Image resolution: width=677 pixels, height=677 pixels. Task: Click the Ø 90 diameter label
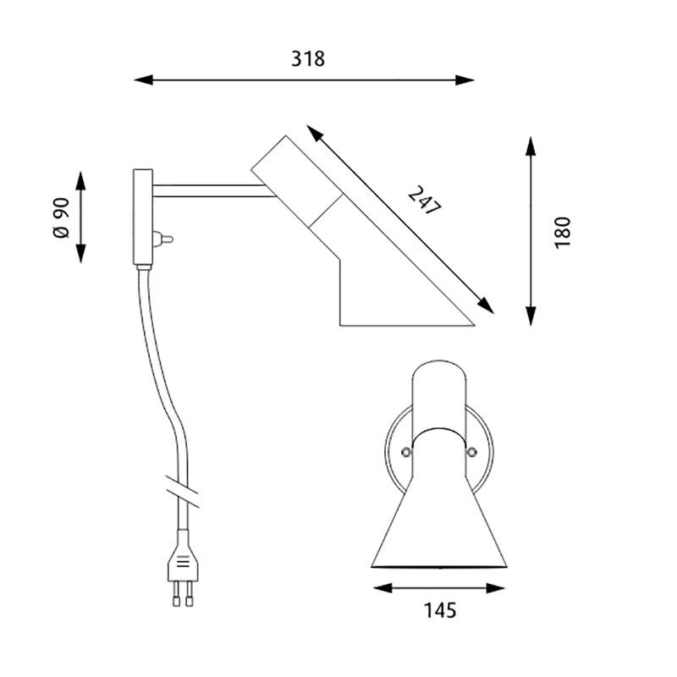[x=61, y=219]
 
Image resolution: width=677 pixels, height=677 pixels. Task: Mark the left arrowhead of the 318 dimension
[x=142, y=81]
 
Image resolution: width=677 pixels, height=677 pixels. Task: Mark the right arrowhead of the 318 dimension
[x=466, y=81]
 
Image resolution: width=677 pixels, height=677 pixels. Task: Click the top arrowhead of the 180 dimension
[x=531, y=144]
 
